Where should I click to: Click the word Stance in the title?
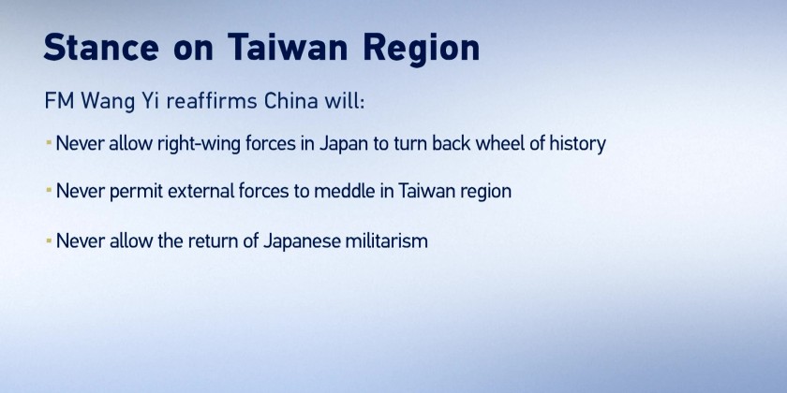pyautogui.click(x=101, y=48)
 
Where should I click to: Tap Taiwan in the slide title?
pyautogui.click(x=288, y=47)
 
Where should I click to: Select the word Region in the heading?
pyautogui.click(x=422, y=50)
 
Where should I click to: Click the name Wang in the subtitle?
pyautogui.click(x=108, y=102)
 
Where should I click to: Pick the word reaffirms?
pyautogui.click(x=212, y=101)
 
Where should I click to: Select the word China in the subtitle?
pyautogui.click(x=291, y=101)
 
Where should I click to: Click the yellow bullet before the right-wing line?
pyautogui.click(x=49, y=143)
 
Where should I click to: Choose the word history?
pyautogui.click(x=578, y=144)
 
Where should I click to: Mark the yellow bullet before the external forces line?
pyautogui.click(x=49, y=191)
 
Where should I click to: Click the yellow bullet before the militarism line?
pyautogui.click(x=49, y=240)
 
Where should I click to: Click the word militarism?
pyautogui.click(x=387, y=241)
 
